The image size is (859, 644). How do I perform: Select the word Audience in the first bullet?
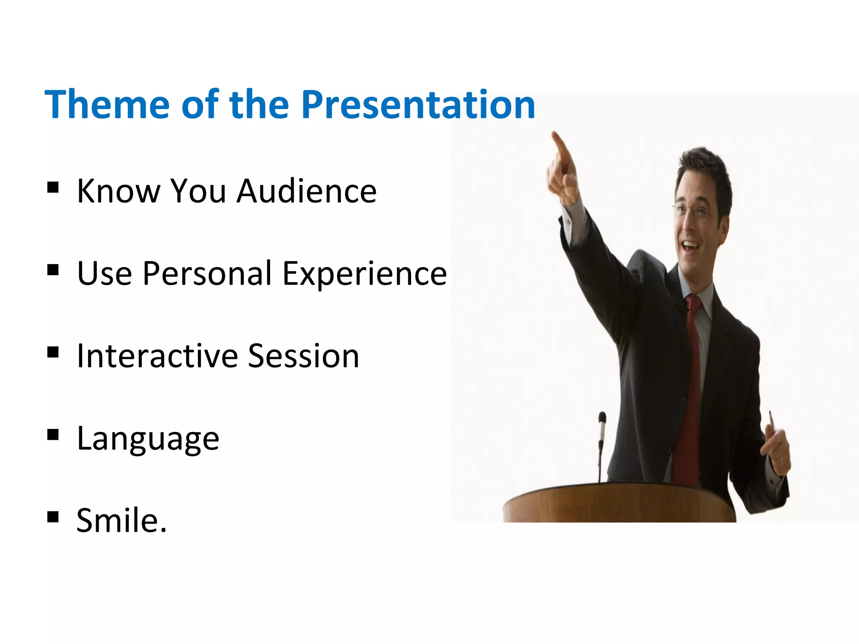(x=307, y=191)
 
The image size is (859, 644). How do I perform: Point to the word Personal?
(x=208, y=273)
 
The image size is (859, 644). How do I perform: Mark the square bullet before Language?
(x=53, y=435)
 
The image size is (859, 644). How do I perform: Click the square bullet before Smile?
(x=53, y=517)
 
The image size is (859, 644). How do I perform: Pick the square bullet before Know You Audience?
(x=53, y=187)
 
